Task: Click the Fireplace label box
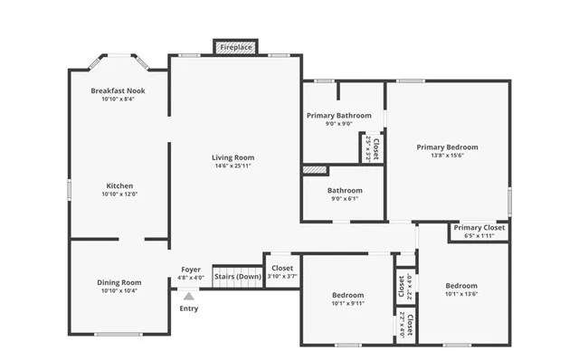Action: click(236, 47)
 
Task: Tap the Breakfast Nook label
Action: click(118, 91)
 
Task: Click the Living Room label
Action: click(233, 157)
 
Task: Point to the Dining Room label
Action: click(119, 283)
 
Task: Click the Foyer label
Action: click(191, 269)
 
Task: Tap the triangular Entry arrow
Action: click(188, 295)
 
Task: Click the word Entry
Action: click(188, 308)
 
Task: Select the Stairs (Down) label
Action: click(238, 276)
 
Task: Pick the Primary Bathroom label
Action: click(338, 116)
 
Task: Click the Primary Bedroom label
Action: click(447, 147)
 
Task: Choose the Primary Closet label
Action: click(479, 228)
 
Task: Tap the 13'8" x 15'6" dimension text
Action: click(447, 156)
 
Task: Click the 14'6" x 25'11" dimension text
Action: click(233, 166)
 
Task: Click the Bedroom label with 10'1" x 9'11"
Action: click(347, 295)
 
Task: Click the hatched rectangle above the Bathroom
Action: click(313, 169)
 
